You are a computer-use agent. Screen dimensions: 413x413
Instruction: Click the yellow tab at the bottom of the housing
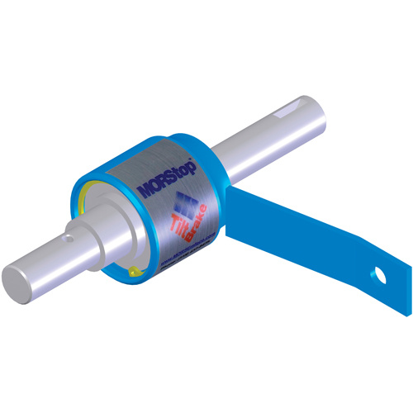pyautogui.click(x=134, y=268)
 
